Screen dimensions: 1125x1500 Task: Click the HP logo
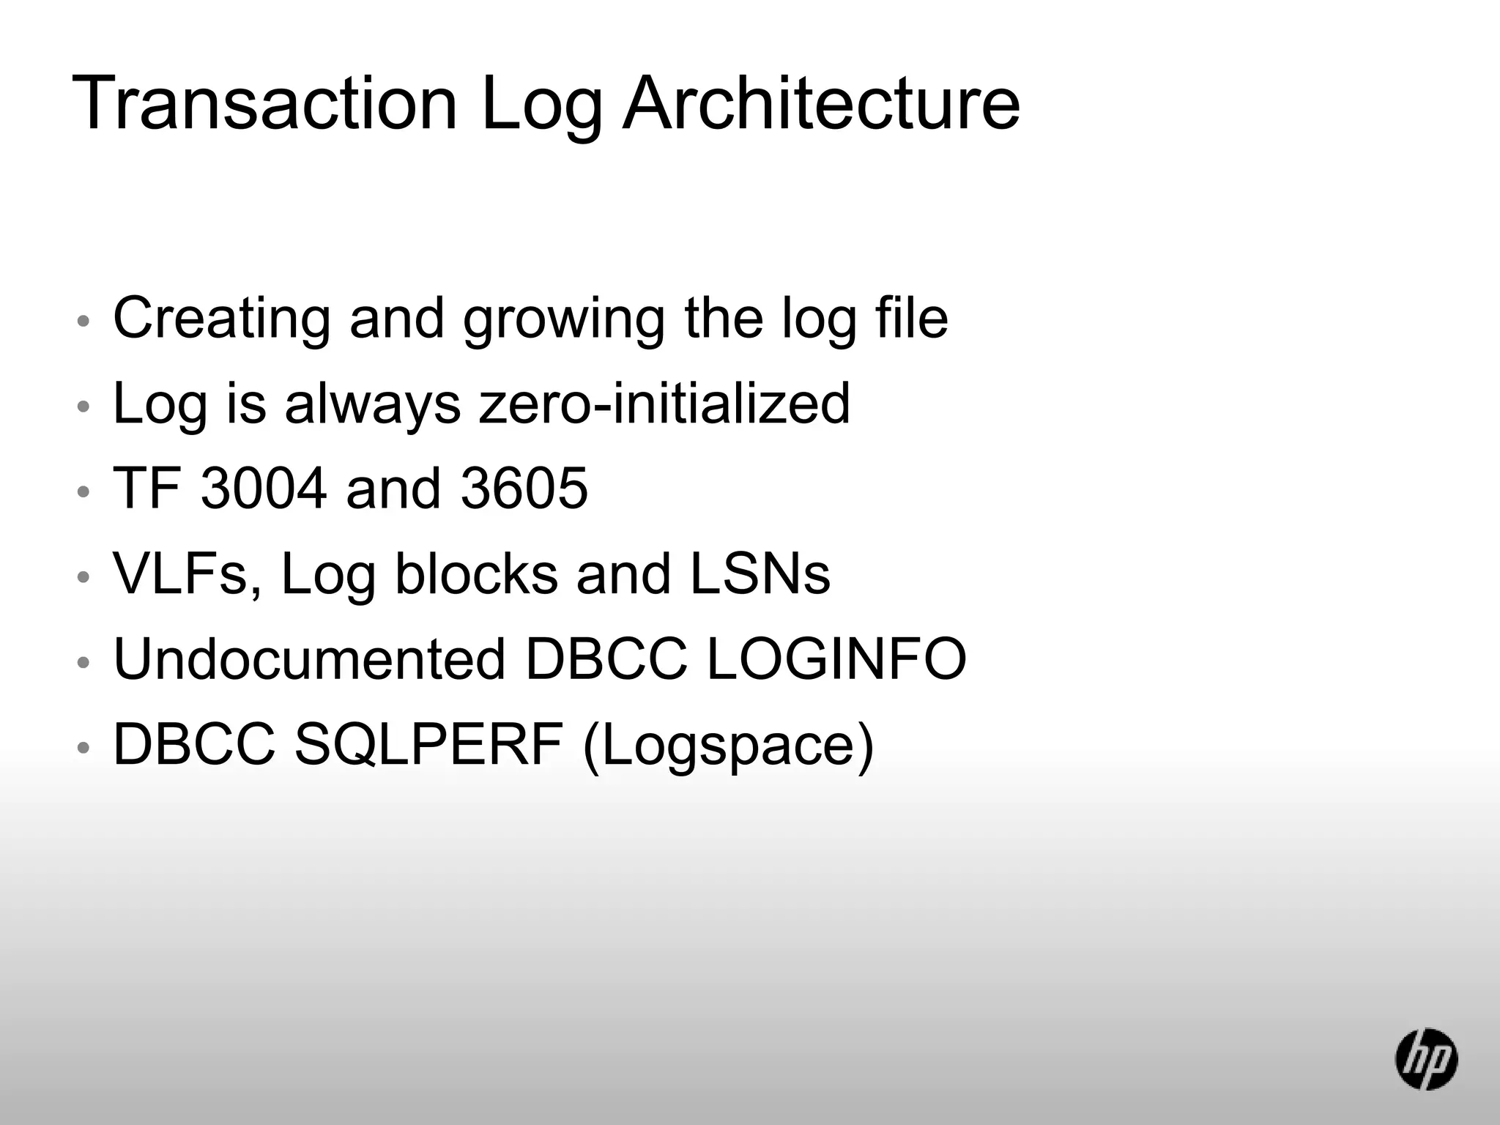pyautogui.click(x=1425, y=1058)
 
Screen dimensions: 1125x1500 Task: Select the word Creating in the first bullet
pyautogui.click(x=221, y=319)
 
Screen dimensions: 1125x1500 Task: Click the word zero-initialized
pyautogui.click(x=664, y=404)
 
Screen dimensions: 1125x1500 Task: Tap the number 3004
pyautogui.click(x=264, y=489)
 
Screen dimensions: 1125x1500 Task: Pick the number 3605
pyautogui.click(x=524, y=489)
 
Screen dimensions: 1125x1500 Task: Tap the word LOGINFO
pyautogui.click(x=837, y=659)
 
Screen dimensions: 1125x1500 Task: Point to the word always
pyautogui.click(x=373, y=405)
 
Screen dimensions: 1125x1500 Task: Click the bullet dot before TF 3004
pyautogui.click(x=83, y=491)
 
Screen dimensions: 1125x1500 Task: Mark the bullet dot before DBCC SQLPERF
pyautogui.click(x=83, y=748)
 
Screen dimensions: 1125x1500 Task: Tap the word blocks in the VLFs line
pyautogui.click(x=476, y=574)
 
